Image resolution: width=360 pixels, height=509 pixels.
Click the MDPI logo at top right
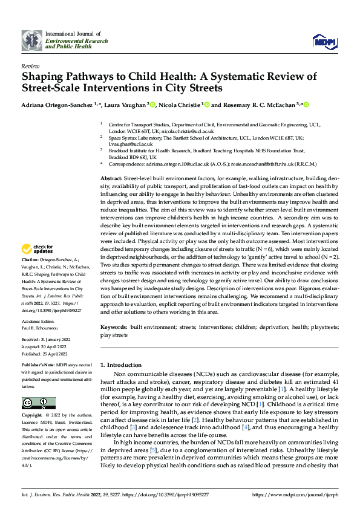pyautogui.click(x=324, y=42)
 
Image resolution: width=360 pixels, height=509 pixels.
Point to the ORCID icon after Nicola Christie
pyautogui.click(x=207, y=105)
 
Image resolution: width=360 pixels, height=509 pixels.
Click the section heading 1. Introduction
pyautogui.click(x=120, y=365)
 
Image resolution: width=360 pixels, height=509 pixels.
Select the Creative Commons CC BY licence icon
pyautogui.click(x=38, y=403)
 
